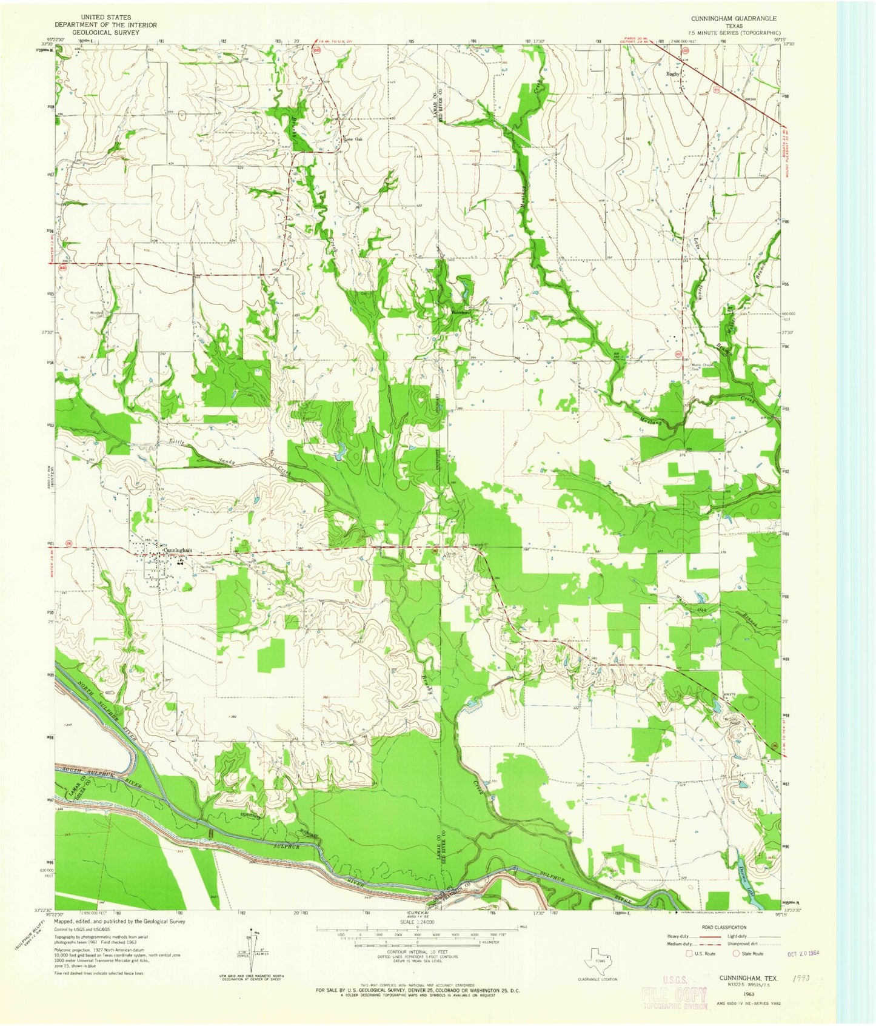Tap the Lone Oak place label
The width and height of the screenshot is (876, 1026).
click(x=353, y=138)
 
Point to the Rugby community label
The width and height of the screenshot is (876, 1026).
click(x=673, y=73)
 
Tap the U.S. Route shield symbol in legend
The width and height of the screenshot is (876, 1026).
click(x=689, y=953)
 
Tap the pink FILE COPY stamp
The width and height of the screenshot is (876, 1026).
click(x=674, y=996)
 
